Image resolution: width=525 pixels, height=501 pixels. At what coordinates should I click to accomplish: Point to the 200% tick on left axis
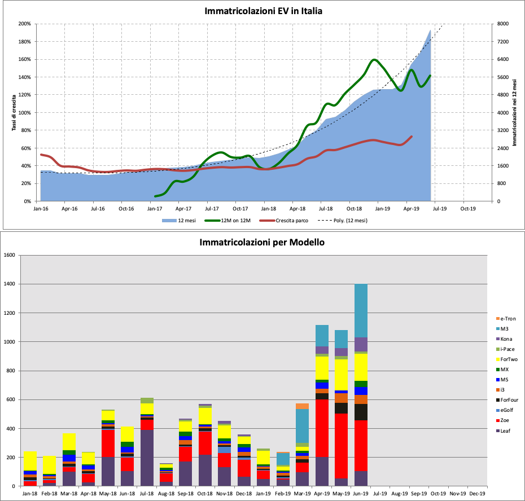tap(24, 24)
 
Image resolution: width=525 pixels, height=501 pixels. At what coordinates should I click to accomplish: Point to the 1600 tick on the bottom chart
tap(10, 255)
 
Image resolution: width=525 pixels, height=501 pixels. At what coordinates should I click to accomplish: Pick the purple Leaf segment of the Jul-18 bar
tap(147, 458)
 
